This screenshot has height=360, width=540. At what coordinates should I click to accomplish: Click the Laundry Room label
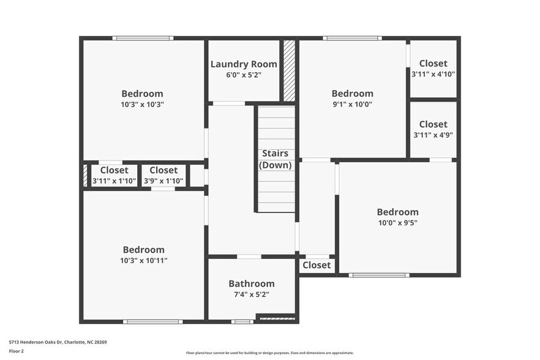pos(244,64)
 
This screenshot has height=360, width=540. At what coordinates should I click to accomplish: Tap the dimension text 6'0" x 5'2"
pos(244,75)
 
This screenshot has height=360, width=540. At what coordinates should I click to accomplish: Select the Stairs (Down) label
pos(276,159)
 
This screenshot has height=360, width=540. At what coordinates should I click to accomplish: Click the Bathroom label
pos(252,283)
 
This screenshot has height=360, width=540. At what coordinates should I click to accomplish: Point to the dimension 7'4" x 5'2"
pos(252,294)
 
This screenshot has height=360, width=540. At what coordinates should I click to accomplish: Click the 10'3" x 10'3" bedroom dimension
pos(143,105)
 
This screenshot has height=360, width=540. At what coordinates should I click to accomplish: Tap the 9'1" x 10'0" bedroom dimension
pos(352,105)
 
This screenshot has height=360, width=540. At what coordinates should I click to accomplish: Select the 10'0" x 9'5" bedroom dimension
pos(397,223)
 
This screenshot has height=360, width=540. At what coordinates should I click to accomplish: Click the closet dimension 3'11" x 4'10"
pos(433,75)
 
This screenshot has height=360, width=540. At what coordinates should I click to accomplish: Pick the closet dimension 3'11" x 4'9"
pos(433,135)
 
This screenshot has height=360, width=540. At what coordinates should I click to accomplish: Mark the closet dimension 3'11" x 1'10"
pos(114,181)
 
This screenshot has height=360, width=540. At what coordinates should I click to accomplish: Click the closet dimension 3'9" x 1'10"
pos(163,181)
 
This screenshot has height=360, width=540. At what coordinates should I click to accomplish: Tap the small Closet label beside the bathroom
pos(317,265)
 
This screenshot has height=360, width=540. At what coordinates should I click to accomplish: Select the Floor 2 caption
pos(17,351)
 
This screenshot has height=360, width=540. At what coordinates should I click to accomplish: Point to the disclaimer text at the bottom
pos(270,353)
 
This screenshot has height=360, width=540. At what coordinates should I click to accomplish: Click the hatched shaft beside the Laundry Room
pos(289,70)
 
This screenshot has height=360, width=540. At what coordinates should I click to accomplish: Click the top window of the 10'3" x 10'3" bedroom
pos(143,39)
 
